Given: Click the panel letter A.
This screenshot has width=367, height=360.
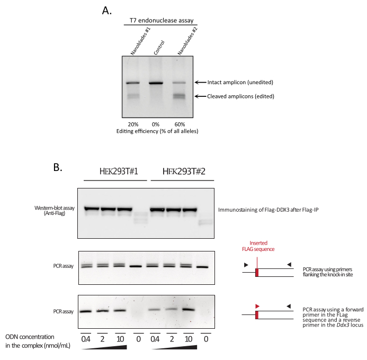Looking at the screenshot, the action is [107, 11].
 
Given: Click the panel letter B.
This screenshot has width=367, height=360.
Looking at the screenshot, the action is [58, 167].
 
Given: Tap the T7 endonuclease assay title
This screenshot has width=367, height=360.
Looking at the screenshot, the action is [162, 21].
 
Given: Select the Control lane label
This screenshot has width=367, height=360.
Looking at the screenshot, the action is [159, 48].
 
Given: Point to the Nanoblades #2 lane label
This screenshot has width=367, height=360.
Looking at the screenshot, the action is [187, 41].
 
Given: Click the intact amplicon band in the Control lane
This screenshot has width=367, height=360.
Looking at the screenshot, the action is [156, 83].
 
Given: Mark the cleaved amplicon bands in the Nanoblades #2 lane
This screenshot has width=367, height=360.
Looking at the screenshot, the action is [180, 96].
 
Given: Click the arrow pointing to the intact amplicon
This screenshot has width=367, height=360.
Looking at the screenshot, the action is [201, 83].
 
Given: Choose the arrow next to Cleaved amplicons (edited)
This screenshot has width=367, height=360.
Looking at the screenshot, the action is [201, 96].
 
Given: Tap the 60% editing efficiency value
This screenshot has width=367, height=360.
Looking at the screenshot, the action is [180, 124].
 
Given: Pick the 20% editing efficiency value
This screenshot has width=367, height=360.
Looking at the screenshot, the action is [133, 124].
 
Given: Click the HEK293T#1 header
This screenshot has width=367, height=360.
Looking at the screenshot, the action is [119, 172].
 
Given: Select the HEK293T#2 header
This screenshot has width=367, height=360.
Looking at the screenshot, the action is [184, 172].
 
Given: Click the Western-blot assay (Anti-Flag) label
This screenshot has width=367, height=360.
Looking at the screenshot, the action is [55, 211].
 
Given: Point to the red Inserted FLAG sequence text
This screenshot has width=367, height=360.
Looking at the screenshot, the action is [258, 246].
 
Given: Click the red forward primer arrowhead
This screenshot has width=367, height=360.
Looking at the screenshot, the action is [257, 306].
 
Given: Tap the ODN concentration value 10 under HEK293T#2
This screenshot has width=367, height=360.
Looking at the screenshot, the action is [189, 339].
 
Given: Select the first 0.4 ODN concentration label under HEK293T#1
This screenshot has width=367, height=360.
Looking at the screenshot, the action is [86, 339].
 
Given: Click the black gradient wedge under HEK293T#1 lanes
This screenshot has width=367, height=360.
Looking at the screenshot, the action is [104, 347].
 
